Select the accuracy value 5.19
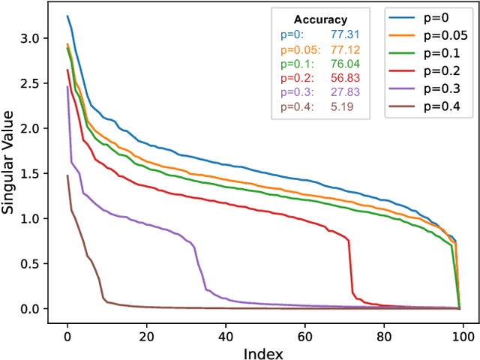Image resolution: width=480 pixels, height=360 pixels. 340,106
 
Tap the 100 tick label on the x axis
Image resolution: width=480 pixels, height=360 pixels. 463,328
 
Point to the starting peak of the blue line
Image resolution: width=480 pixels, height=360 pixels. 67,16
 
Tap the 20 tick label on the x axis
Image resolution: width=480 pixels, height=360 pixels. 146,328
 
